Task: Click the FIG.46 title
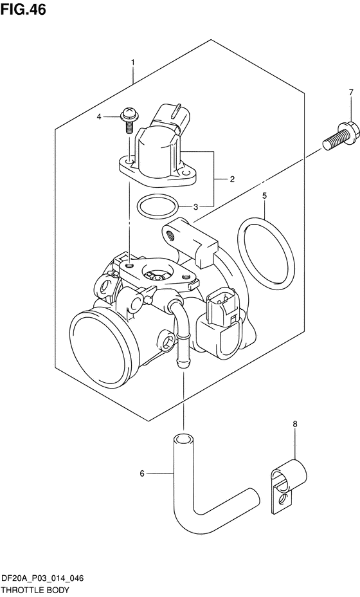coord(23,10)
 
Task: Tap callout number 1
coord(133,62)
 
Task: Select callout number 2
coord(232,179)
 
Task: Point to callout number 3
coord(195,207)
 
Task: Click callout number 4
coord(99,117)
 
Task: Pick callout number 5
coord(264,196)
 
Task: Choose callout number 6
coord(142,473)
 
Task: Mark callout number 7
coord(351,92)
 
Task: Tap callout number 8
coord(295,424)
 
